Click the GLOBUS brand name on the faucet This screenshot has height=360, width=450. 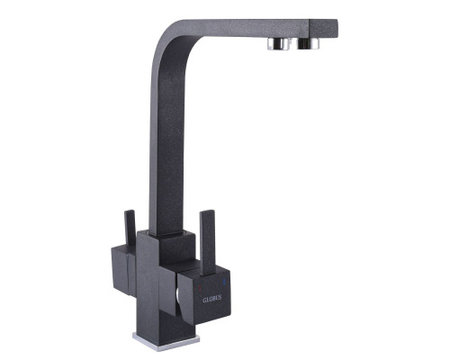click(x=212, y=299)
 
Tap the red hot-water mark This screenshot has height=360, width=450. click(x=200, y=289)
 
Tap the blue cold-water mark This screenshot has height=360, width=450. click(x=224, y=282)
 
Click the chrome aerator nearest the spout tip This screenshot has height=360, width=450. click(x=309, y=44)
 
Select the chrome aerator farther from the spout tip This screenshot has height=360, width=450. click(x=279, y=44)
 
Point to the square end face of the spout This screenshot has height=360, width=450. click(x=324, y=30)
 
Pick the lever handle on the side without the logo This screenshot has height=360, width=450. click(x=130, y=229)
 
